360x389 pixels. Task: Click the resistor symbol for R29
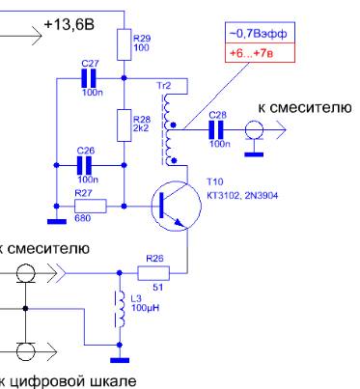point(124,44)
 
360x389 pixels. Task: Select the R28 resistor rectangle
point(124,125)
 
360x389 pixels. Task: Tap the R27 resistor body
point(91,206)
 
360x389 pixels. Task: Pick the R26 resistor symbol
point(153,273)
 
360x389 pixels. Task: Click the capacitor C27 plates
point(89,78)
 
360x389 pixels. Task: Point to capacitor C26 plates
point(84,165)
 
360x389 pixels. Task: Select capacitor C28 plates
point(216,129)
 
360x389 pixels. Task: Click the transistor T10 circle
point(177,206)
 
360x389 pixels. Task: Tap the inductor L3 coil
point(121,309)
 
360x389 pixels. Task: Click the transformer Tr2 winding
point(168,129)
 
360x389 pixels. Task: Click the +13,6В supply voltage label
point(69,24)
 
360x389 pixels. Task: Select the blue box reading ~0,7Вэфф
point(260,33)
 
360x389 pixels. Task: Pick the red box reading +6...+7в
point(260,52)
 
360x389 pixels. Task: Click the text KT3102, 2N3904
point(242,195)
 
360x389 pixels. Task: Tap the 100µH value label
point(145,308)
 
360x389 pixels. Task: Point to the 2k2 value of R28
point(141,128)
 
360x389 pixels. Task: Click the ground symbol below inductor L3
point(120,360)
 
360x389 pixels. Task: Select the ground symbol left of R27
point(57,221)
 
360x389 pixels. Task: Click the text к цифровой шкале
point(68,381)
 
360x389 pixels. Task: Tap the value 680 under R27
point(82,218)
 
